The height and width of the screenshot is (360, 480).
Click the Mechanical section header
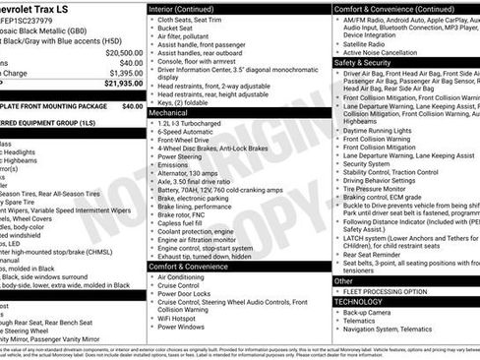coord(169,113)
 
